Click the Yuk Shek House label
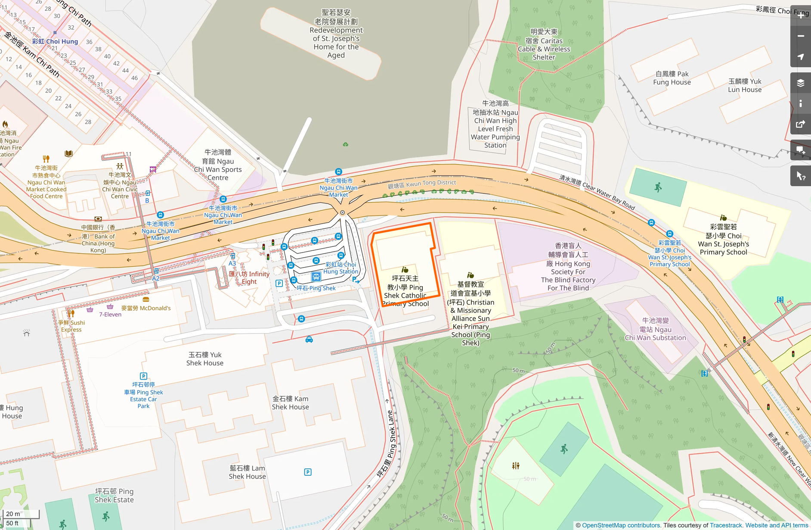pos(205,359)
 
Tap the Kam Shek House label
pos(290,403)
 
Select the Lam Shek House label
pos(247,472)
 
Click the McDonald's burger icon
pos(146,299)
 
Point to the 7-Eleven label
pos(110,315)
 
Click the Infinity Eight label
pos(249,278)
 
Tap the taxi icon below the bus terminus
pos(309,340)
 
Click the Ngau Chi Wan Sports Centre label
pos(218,165)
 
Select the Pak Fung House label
pos(672,78)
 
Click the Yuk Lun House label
pos(745,85)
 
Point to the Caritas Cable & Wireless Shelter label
pos(544,45)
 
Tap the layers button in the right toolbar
pos(801,83)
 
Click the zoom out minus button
pos(801,36)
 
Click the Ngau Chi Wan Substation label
pos(655,329)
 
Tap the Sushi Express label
pos(72,326)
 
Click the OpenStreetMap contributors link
pos(621,525)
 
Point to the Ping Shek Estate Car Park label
pos(143,395)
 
